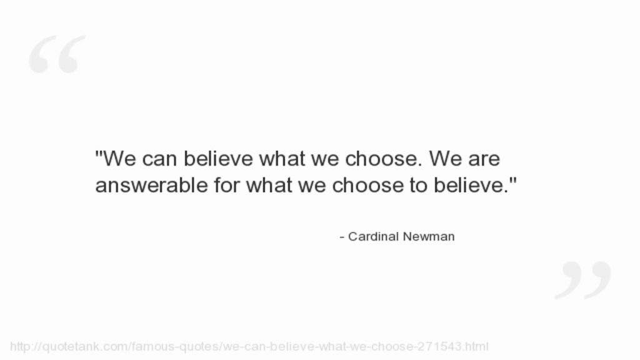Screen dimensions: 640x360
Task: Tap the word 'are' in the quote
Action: pos(484,159)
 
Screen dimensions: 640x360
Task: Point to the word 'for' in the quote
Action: pos(226,185)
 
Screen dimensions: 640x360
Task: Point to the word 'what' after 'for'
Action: pos(269,185)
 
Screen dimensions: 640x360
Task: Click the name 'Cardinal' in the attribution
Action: pos(373,236)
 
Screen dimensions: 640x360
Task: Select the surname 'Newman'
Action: pos(429,236)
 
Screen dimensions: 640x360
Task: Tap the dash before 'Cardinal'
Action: pos(342,237)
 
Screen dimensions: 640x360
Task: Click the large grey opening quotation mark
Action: pos(57,54)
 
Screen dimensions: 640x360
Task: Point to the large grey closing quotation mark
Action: pos(583,280)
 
